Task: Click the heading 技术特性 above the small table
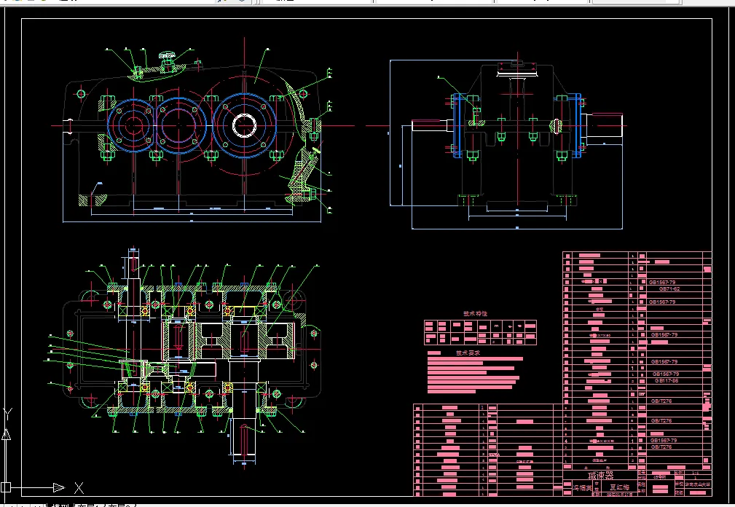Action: click(x=476, y=315)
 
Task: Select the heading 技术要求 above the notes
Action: click(x=468, y=353)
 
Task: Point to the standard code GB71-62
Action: click(x=669, y=288)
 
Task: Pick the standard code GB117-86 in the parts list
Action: click(x=667, y=380)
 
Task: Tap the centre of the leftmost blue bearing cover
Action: click(x=132, y=125)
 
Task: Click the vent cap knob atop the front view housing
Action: click(x=167, y=55)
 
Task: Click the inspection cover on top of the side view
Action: click(x=516, y=67)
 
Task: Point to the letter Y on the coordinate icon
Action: click(x=7, y=413)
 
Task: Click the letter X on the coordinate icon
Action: click(x=79, y=487)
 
